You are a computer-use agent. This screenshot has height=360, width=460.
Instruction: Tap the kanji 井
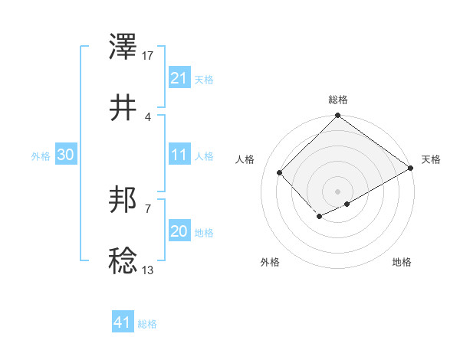pos(123,108)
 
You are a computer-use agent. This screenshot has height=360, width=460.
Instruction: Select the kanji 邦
pos(123,201)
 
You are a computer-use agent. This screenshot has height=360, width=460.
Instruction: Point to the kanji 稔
pos(123,261)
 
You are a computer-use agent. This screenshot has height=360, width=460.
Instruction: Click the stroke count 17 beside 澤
pos(148,56)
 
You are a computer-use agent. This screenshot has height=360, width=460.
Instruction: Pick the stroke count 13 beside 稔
pos(148,270)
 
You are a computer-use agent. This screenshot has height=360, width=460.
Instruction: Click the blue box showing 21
pos(179,78)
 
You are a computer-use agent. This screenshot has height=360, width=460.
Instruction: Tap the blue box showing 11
pos(179,155)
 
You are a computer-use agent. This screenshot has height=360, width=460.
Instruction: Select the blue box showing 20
pos(179,232)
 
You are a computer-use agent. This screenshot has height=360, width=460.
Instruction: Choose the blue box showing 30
pos(65,155)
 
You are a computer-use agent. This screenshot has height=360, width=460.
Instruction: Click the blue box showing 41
pos(122,322)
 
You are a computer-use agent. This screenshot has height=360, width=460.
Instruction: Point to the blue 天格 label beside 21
pos(204,80)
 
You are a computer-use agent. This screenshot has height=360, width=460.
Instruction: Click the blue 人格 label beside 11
pos(204,156)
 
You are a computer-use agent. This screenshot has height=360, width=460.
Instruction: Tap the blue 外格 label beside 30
pos(41,156)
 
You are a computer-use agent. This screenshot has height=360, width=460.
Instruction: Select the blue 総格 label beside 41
pos(147,324)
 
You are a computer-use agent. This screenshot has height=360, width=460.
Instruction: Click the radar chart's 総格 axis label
pos(338,100)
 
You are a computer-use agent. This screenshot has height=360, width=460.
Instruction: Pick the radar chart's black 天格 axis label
pos(431,159)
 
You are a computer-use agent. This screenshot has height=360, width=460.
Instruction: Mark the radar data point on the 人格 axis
pos(280,172)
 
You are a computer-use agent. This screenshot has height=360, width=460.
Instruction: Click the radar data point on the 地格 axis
pos(347,204)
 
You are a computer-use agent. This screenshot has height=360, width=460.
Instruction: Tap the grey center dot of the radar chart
pos(338,191)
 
